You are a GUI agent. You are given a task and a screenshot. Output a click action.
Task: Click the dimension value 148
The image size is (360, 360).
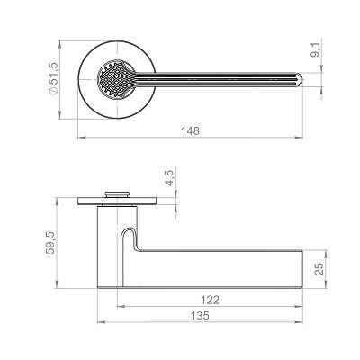[190, 130]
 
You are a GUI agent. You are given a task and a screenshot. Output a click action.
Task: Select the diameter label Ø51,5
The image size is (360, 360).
[54, 79]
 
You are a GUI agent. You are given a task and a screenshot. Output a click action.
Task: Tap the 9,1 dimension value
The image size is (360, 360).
[315, 50]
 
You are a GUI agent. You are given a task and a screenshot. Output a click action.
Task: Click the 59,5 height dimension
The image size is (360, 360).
[50, 243]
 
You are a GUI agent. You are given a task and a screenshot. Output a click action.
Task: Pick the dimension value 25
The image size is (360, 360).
[319, 269]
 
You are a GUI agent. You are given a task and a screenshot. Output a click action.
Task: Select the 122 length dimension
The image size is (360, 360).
[210, 300]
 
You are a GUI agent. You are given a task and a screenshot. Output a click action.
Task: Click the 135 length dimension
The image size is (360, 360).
[200, 316]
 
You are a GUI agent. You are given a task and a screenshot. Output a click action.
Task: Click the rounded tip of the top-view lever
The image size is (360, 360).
[301, 79]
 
